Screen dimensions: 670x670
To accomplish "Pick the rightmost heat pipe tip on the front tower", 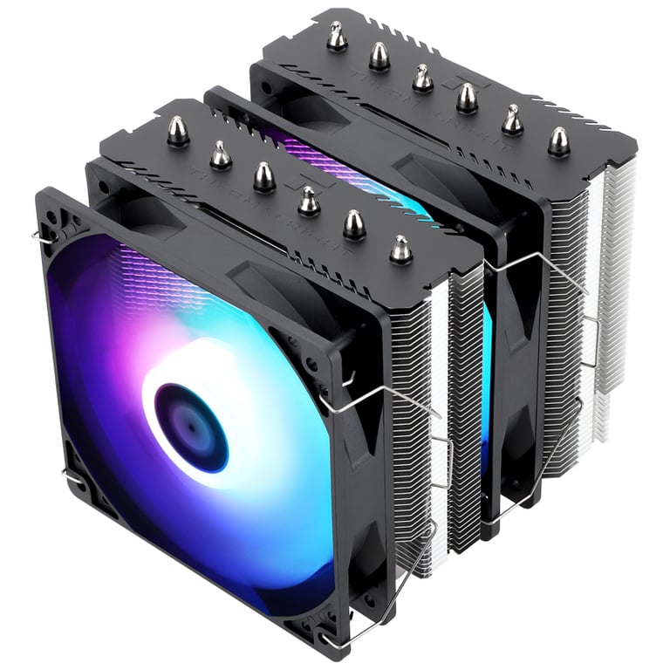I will pos(400,250).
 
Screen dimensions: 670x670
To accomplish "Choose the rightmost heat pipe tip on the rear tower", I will pos(558,141).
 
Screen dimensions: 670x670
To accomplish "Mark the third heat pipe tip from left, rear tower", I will pos(422,79).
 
